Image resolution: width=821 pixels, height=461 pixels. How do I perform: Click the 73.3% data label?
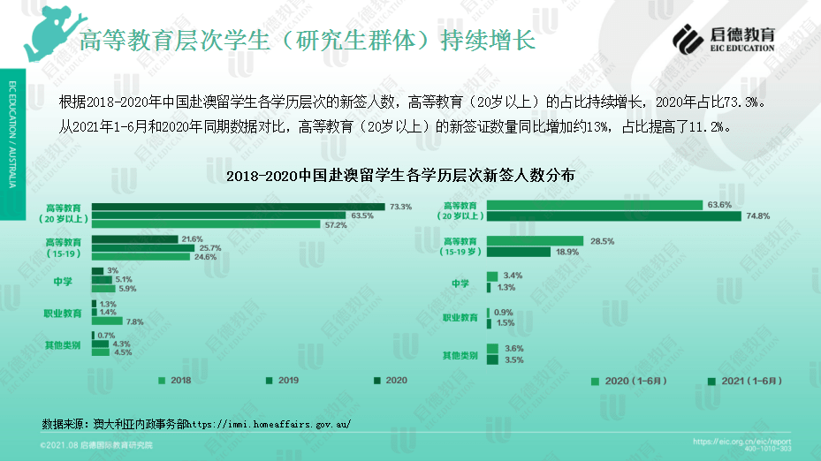[x=400, y=207]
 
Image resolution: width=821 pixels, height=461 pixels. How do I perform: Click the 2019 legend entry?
[x=283, y=381]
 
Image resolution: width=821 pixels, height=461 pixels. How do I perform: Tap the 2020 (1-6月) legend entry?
[x=627, y=382]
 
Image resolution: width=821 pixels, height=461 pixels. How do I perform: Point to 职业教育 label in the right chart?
[x=460, y=318]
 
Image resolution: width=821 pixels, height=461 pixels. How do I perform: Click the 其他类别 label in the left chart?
[x=63, y=344]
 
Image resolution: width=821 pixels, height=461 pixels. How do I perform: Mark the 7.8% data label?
[x=134, y=321]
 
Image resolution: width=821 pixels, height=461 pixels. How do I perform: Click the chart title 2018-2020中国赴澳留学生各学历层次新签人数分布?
[x=400, y=175]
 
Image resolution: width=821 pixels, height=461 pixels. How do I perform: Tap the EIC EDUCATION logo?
[x=724, y=38]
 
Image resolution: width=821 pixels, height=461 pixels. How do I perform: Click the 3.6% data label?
[x=513, y=349]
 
